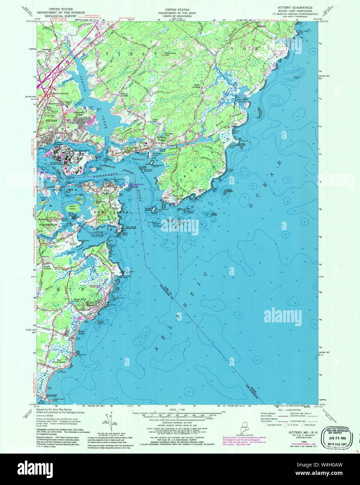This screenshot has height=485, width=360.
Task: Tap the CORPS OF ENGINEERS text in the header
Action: point(178,16)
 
